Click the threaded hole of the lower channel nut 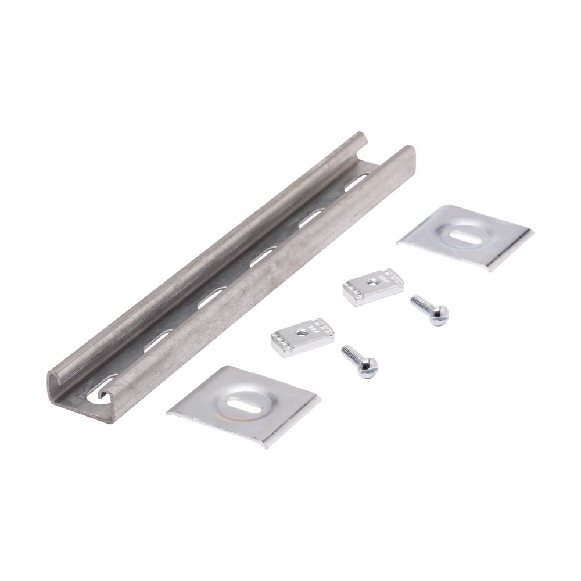click(x=302, y=332)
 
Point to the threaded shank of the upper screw click(x=420, y=303)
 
